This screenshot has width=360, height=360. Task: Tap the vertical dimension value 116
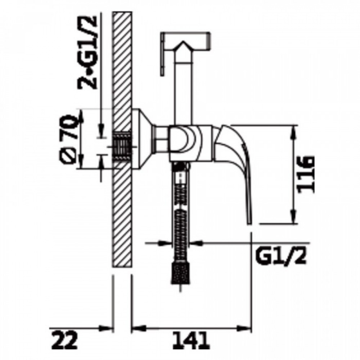[x=305, y=175]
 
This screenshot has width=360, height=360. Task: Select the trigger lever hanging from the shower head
[x=163, y=54]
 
